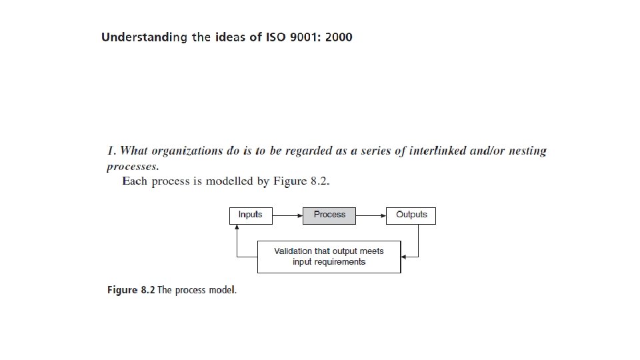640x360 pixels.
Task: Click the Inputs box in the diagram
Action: pos(251,215)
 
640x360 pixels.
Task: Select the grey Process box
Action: pos(329,215)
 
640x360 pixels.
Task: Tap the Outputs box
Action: pos(411,215)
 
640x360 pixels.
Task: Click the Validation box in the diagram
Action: pos(329,257)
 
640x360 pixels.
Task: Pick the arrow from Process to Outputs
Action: pos(371,215)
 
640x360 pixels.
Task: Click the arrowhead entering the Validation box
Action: pos(405,257)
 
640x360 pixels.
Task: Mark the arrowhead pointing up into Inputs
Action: pos(237,227)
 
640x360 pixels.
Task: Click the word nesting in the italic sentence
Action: pos(527,151)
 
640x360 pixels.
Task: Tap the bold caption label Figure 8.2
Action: pos(131,291)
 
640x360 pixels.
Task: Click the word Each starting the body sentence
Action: pos(135,181)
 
